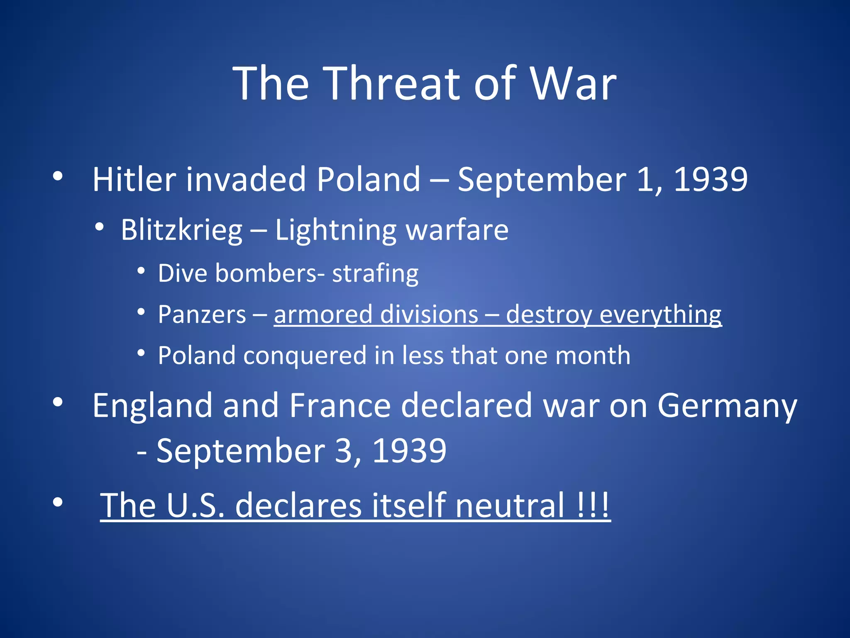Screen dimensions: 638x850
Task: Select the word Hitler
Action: click(x=134, y=179)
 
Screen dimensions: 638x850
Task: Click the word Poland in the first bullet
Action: click(x=369, y=179)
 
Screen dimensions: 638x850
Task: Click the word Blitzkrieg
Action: click(x=181, y=230)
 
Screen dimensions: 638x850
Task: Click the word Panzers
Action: click(x=202, y=314)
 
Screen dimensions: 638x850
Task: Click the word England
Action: click(x=152, y=406)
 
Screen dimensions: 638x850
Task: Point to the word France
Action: click(x=340, y=406)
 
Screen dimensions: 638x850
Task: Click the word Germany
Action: click(x=727, y=406)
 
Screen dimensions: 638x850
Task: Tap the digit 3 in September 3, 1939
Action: click(x=343, y=451)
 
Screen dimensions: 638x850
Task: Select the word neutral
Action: click(x=510, y=505)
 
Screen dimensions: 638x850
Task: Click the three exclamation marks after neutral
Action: click(x=593, y=505)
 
